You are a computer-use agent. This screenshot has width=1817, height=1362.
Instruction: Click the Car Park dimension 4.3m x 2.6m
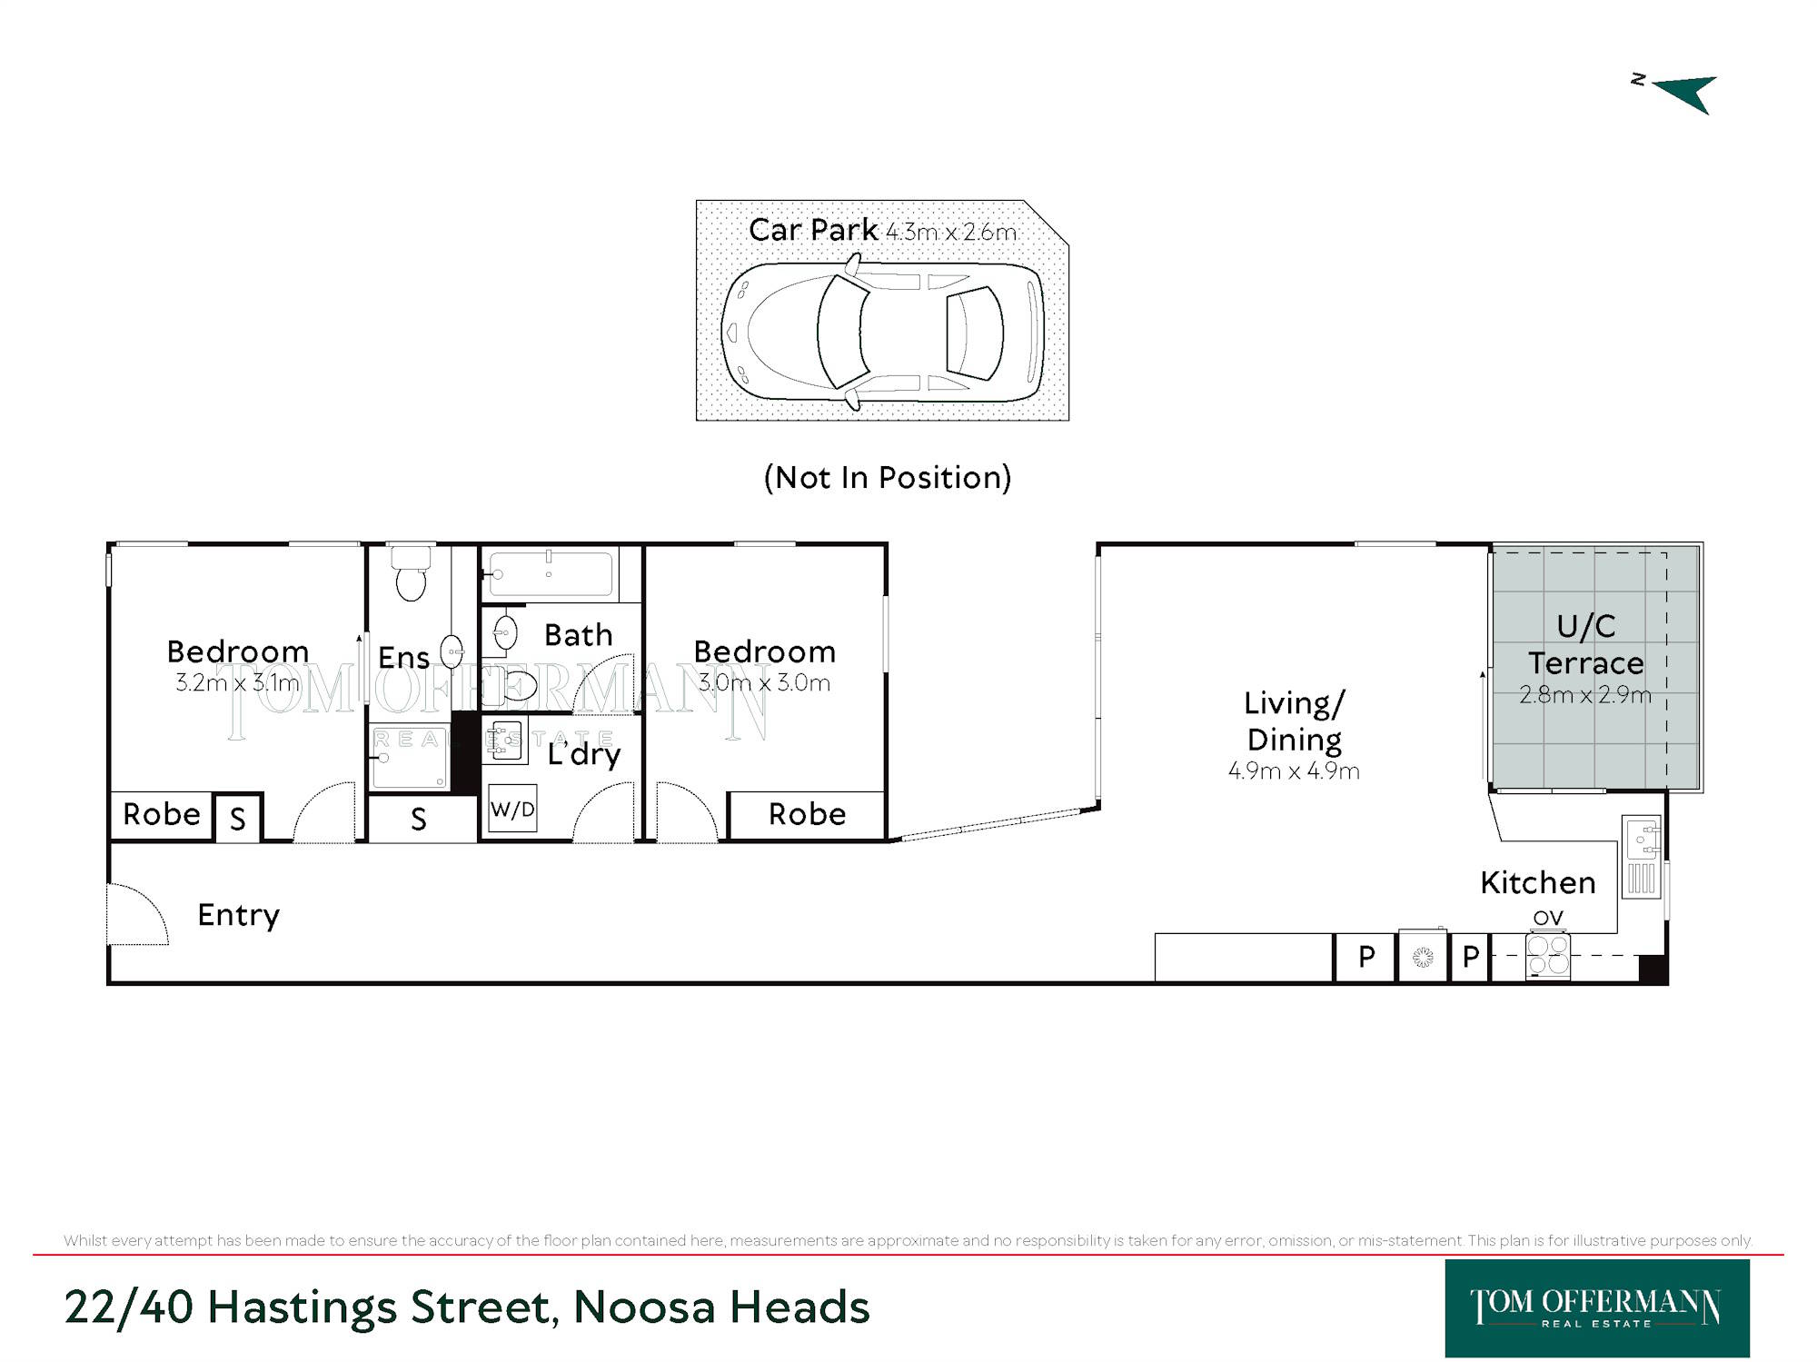tap(951, 233)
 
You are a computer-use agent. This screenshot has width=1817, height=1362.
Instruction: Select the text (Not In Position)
tap(888, 477)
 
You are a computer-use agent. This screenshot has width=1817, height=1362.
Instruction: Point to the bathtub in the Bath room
tap(549, 574)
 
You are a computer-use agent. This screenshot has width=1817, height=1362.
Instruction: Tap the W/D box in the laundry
tap(512, 809)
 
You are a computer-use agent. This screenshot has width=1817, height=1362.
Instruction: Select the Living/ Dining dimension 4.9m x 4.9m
tap(1294, 771)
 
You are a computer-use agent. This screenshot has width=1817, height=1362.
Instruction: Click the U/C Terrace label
tap(1586, 644)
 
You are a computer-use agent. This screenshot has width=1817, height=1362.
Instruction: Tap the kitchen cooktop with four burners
tap(1548, 956)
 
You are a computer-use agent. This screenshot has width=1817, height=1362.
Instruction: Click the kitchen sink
tap(1642, 840)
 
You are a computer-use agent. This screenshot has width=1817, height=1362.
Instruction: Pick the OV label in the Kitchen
tap(1548, 918)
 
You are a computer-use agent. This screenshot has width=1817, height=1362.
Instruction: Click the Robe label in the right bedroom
tap(807, 814)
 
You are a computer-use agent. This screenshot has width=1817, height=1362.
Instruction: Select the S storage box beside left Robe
tap(237, 818)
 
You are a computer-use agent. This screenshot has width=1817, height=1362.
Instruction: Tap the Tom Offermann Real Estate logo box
tap(1597, 1307)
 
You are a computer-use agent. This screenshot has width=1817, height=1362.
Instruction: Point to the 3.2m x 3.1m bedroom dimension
tap(237, 682)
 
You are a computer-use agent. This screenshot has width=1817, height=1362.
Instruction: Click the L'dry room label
tap(584, 754)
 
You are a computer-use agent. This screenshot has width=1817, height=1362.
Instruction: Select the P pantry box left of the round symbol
tap(1365, 957)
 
